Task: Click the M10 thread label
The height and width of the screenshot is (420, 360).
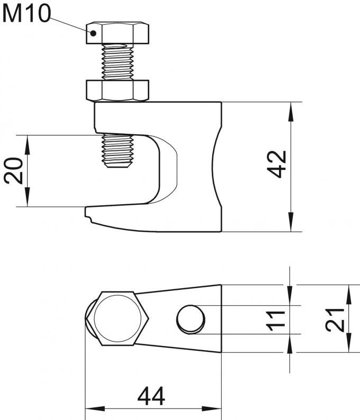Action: pyautogui.click(x=26, y=14)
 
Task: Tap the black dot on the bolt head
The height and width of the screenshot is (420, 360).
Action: pyautogui.click(x=93, y=33)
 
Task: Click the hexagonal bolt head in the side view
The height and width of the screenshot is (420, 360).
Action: pyautogui.click(x=118, y=33)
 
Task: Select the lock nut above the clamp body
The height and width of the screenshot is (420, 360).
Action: pyautogui.click(x=118, y=90)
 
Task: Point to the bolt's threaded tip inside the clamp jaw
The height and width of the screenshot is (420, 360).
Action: pyautogui.click(x=118, y=151)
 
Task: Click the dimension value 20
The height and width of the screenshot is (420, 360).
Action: pyautogui.click(x=14, y=171)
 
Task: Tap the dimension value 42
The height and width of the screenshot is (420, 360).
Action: pyautogui.click(x=277, y=164)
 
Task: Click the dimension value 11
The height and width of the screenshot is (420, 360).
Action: pyautogui.click(x=275, y=321)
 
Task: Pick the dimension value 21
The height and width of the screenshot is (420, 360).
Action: pyautogui.click(x=335, y=320)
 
